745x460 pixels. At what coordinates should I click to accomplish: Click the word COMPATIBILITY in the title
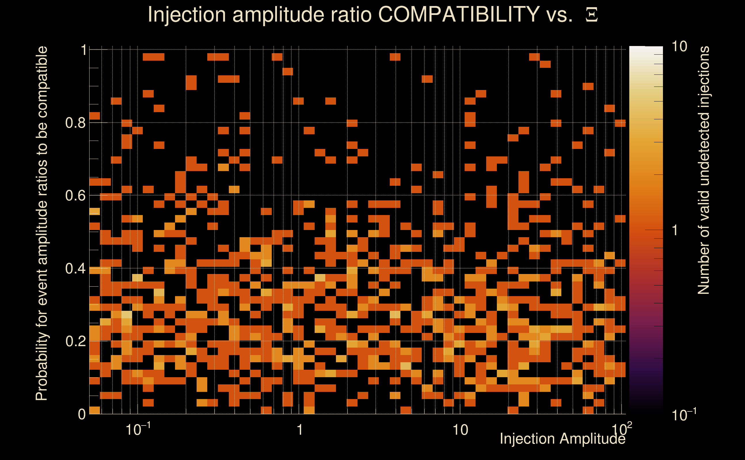(x=459, y=14)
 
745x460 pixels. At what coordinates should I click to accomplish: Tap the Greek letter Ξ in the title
(x=592, y=15)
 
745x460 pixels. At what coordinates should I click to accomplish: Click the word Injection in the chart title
(x=187, y=15)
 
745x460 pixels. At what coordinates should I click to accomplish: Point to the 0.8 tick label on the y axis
(x=75, y=123)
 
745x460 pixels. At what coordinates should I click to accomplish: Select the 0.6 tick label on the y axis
(x=75, y=195)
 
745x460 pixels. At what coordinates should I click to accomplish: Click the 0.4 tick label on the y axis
(x=75, y=269)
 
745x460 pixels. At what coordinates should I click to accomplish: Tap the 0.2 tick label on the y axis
(x=75, y=341)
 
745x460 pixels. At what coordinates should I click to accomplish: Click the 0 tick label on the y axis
(x=82, y=414)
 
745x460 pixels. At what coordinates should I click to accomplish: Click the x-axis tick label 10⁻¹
(x=138, y=429)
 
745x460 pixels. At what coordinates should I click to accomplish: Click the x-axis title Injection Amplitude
(x=562, y=439)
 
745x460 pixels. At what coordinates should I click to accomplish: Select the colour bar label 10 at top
(x=679, y=47)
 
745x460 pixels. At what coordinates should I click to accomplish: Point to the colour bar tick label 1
(x=675, y=230)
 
